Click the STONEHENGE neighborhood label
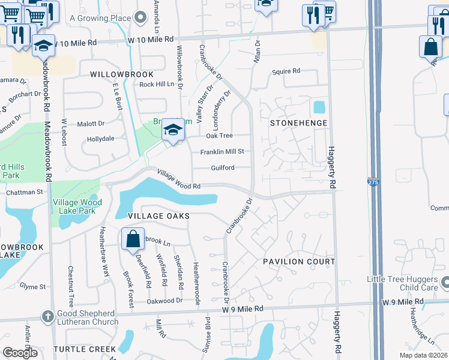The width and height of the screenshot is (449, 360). coord(298,123)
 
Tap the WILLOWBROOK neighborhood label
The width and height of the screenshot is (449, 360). coord(121,74)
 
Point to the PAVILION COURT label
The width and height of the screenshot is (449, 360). coord(299,262)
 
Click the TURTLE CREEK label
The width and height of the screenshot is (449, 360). coord(84,349)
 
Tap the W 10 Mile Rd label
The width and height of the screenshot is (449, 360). coord(76,43)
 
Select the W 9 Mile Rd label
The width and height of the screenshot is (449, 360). coord(243,308)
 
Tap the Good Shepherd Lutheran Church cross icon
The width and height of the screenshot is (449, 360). coord(49,316)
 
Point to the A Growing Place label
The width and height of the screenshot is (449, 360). coord(100,18)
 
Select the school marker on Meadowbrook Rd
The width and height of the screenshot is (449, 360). coord(44,46)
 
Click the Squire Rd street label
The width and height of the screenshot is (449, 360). coord(286,71)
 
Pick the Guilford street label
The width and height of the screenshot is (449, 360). coord(222,168)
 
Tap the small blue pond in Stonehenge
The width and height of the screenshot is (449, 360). coord(319,107)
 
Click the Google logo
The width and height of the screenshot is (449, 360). coord(20,353)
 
